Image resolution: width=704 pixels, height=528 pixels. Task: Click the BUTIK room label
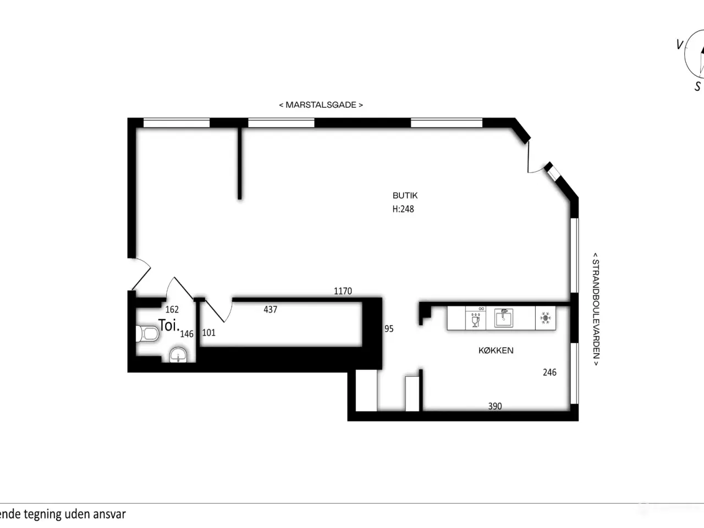(405, 195)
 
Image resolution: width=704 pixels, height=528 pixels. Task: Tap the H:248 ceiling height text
(403, 209)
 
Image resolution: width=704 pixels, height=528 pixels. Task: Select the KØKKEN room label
(496, 350)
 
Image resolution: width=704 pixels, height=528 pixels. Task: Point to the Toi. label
(168, 326)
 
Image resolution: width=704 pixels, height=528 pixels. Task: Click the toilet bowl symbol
(147, 334)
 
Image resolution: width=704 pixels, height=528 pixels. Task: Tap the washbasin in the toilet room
(178, 355)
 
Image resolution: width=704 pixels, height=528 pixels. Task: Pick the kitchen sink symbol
(504, 318)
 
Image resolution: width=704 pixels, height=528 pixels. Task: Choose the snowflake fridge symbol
(545, 318)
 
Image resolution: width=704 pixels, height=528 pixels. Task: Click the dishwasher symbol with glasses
(476, 318)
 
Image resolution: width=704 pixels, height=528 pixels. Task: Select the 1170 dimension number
(343, 291)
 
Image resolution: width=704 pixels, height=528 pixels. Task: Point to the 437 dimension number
(271, 309)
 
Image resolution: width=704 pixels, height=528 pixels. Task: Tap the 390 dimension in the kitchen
(495, 406)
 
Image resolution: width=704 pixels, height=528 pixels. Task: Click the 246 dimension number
(550, 372)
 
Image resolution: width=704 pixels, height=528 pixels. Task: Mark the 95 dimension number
(389, 328)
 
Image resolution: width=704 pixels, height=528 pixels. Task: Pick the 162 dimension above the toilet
(172, 309)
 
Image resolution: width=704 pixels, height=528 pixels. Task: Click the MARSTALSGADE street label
(321, 105)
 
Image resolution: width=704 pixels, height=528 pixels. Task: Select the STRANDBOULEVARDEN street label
(596, 309)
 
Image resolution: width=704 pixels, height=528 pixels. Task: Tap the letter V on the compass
(679, 45)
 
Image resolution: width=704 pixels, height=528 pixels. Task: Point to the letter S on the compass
(697, 86)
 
